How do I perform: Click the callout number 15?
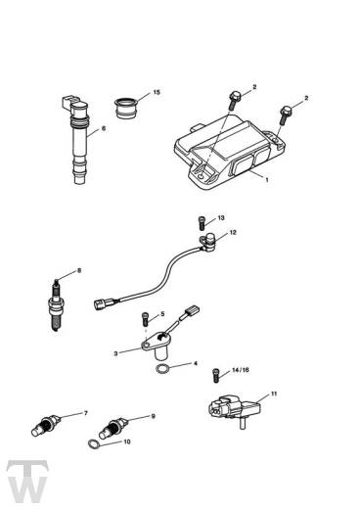click(157, 93)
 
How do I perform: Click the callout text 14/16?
click(238, 372)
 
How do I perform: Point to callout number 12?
click(232, 233)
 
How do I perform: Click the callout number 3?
click(114, 352)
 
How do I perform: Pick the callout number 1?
click(265, 180)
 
